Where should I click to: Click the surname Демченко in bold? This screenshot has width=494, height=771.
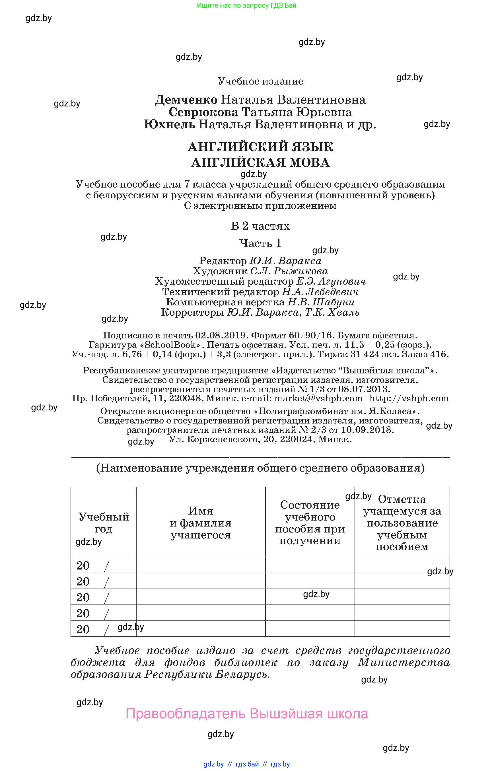(x=186, y=100)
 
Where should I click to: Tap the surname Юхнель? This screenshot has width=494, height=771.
(x=169, y=124)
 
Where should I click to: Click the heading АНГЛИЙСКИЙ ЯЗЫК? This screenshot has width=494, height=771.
(x=260, y=147)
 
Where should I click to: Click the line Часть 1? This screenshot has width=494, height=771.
(x=260, y=243)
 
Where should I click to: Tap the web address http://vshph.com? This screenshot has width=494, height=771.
(x=409, y=398)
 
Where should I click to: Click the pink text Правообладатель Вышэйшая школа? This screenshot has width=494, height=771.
(x=246, y=714)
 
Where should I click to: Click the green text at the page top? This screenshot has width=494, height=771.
(x=246, y=5)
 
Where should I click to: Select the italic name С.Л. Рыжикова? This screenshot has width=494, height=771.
(x=289, y=271)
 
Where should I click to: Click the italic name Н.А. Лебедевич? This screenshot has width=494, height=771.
(x=320, y=292)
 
